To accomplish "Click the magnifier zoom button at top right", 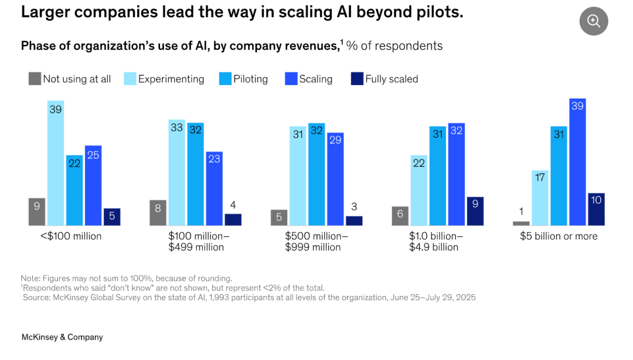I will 594,22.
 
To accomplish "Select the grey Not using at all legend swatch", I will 35,79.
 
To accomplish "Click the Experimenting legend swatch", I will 130,79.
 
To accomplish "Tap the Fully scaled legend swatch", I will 357,79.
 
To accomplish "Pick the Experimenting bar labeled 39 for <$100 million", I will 56,164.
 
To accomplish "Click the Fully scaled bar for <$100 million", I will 112,217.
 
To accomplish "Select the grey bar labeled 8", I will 158,213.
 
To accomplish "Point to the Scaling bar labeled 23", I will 214,189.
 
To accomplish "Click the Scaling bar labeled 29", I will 335,179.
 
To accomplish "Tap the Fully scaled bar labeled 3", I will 354,221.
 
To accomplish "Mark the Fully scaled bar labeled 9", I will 475,211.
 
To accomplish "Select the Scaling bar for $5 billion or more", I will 577,162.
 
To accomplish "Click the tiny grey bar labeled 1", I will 521,223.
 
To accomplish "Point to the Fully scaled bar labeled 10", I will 596,209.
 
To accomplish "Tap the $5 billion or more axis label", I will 559,236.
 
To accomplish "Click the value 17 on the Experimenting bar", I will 540,176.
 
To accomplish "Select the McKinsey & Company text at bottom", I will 62,337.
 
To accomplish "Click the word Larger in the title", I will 44,12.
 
